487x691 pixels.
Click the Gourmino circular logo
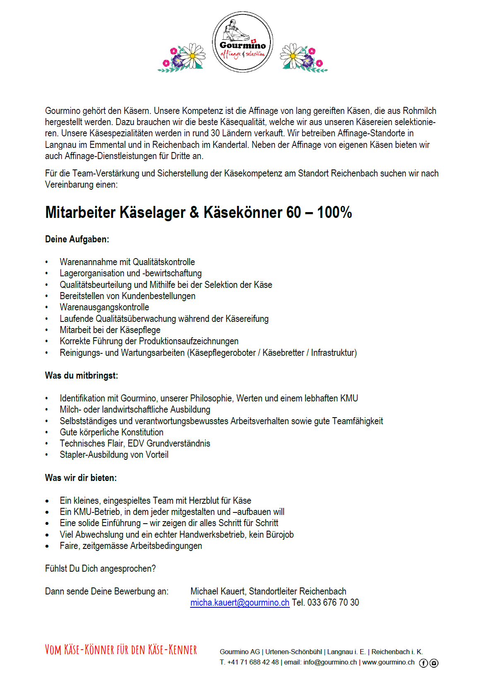pos(243,42)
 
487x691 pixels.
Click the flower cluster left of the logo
pos(182,58)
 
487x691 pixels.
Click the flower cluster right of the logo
pos(304,58)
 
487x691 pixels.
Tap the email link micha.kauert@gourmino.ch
pos(240,602)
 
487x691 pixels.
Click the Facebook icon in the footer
pos(423,663)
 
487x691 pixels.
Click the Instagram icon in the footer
pos(434,663)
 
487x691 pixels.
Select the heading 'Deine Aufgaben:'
pos(77,239)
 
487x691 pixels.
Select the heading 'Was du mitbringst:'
pos(82,375)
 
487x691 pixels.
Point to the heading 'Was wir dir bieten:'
pos(81,478)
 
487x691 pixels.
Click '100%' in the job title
pos(334,213)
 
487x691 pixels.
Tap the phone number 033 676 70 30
pos(333,602)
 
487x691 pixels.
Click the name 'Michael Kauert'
pos(217,591)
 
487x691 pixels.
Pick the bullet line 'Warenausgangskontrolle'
pos(104,307)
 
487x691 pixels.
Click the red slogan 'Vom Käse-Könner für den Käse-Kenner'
pos(121,650)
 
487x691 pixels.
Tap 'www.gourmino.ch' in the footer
pos(388,662)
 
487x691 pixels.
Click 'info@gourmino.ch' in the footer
pos(330,662)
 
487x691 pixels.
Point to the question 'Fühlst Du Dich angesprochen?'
pos(100,568)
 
